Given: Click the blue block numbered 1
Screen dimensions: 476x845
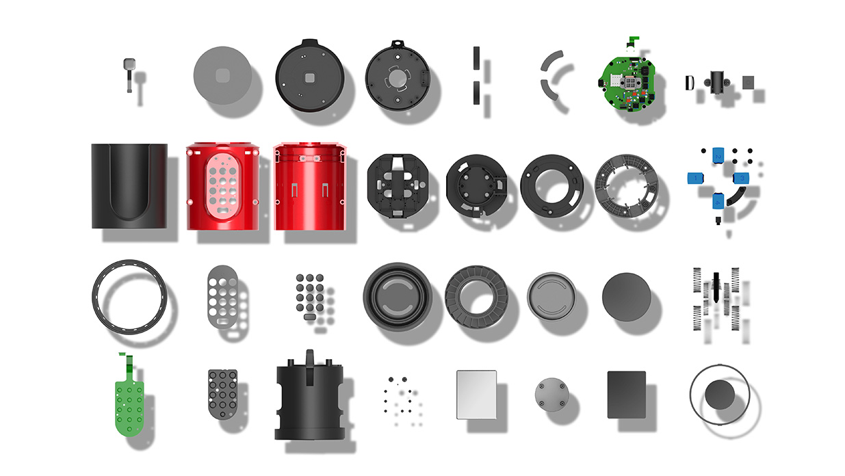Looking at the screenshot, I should pyautogui.click(x=696, y=178).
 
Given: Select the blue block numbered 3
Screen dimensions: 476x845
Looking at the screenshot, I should pyautogui.click(x=741, y=178).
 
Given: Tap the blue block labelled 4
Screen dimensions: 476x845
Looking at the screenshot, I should pyautogui.click(x=718, y=200).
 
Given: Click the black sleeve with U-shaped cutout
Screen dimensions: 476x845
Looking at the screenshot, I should pyautogui.click(x=129, y=186).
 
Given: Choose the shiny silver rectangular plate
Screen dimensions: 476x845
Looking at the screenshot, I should pyautogui.click(x=476, y=395).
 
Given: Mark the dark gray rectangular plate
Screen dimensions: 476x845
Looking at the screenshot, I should pyautogui.click(x=626, y=395).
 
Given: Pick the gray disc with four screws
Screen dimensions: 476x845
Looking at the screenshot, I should pyautogui.click(x=552, y=394).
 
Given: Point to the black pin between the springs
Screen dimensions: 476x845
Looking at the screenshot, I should pyautogui.click(x=716, y=288).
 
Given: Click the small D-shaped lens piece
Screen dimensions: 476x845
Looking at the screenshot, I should pyautogui.click(x=689, y=83).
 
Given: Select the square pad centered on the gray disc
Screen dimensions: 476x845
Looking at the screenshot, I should pyautogui.click(x=222, y=75).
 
